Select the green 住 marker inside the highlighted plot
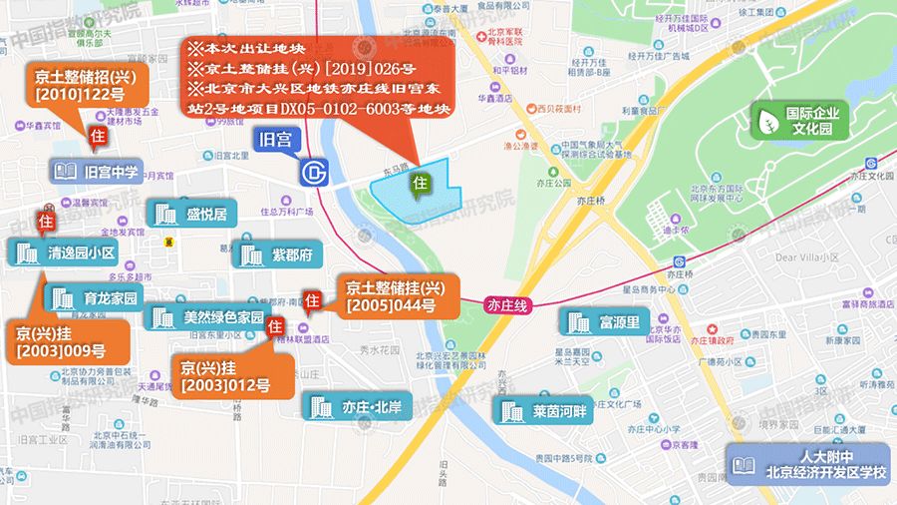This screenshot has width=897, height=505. click(x=421, y=184)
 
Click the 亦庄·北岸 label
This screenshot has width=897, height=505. click(x=357, y=406)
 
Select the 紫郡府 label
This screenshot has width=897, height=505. click(x=274, y=254)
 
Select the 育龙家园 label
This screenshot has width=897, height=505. click(x=96, y=296)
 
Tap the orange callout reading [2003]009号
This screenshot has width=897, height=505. click(x=70, y=340)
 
